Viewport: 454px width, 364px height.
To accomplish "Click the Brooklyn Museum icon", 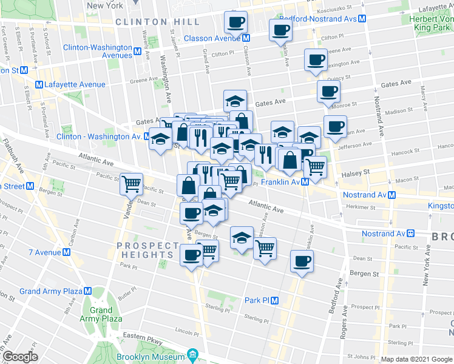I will pos(192,354).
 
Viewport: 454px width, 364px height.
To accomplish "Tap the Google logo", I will pos(19,357).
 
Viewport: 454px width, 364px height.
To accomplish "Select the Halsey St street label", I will pos(358,173).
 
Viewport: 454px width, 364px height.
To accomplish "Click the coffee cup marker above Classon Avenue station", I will pos(235,22).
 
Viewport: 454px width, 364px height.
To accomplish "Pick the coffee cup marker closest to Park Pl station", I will pos(302,261).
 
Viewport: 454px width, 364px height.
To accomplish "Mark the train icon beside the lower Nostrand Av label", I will pos(411,234).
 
